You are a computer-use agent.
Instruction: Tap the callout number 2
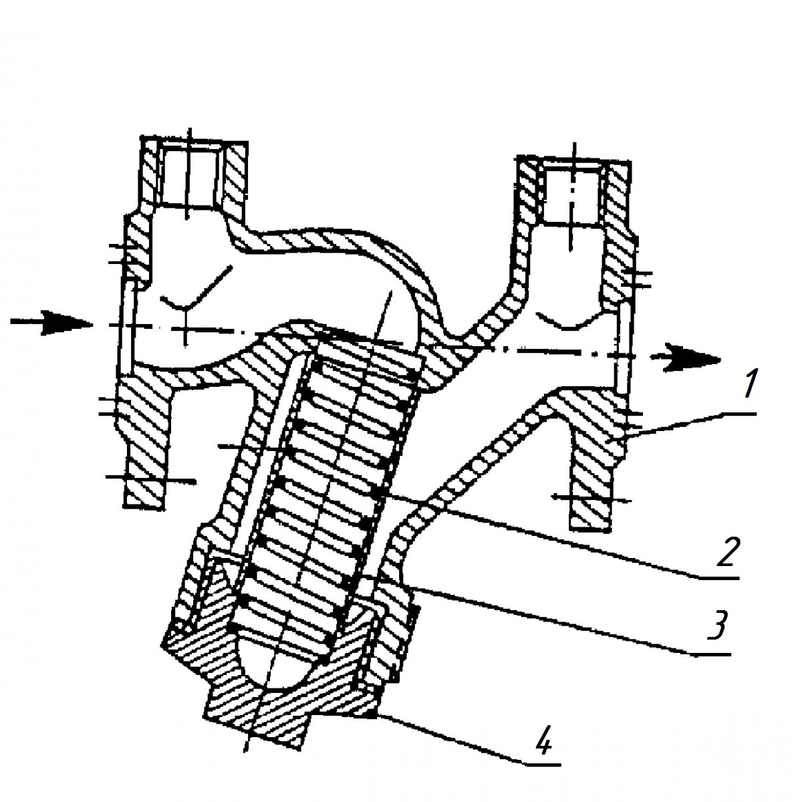[x=727, y=551]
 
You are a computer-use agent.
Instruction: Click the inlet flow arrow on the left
[x=51, y=323]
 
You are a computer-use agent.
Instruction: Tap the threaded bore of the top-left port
[x=189, y=180]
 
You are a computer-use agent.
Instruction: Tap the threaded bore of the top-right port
[x=571, y=196]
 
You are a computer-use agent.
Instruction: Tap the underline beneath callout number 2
[x=717, y=577]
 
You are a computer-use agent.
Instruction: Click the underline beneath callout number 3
[x=711, y=654]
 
